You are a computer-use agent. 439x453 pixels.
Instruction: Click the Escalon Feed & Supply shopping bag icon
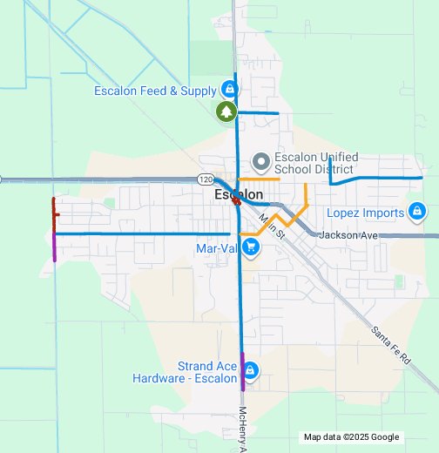[x=228, y=90]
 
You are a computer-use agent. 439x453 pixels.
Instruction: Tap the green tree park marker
[x=226, y=112]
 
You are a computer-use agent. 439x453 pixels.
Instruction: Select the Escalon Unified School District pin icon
[x=260, y=162]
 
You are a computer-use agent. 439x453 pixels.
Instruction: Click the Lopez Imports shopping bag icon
[x=416, y=213]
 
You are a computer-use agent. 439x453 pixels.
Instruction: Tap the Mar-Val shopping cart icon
[x=251, y=247]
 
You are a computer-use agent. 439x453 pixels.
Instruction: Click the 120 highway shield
[x=205, y=179]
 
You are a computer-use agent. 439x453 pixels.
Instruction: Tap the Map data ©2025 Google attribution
[x=351, y=437]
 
